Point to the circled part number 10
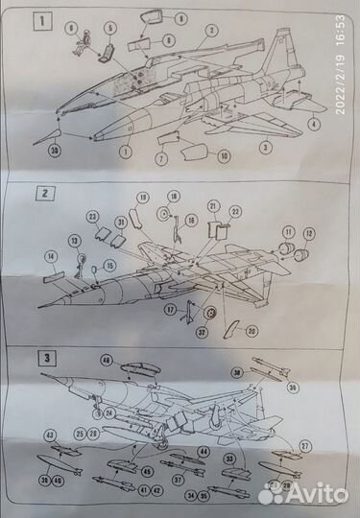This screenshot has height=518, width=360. click(x=224, y=155)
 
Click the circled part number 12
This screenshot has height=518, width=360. click(x=309, y=233)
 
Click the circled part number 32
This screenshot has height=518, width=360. click(x=203, y=333)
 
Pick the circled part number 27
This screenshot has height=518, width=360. click(x=303, y=447)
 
